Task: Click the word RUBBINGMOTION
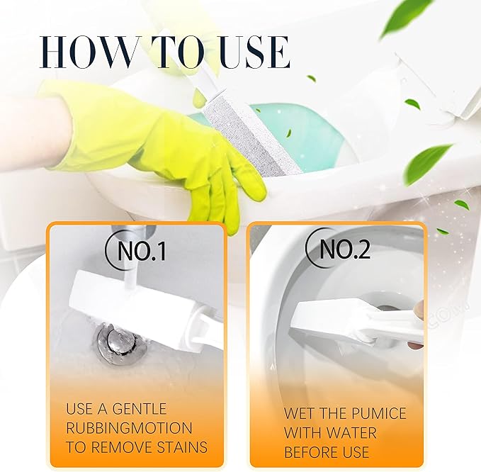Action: [x=129, y=428]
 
